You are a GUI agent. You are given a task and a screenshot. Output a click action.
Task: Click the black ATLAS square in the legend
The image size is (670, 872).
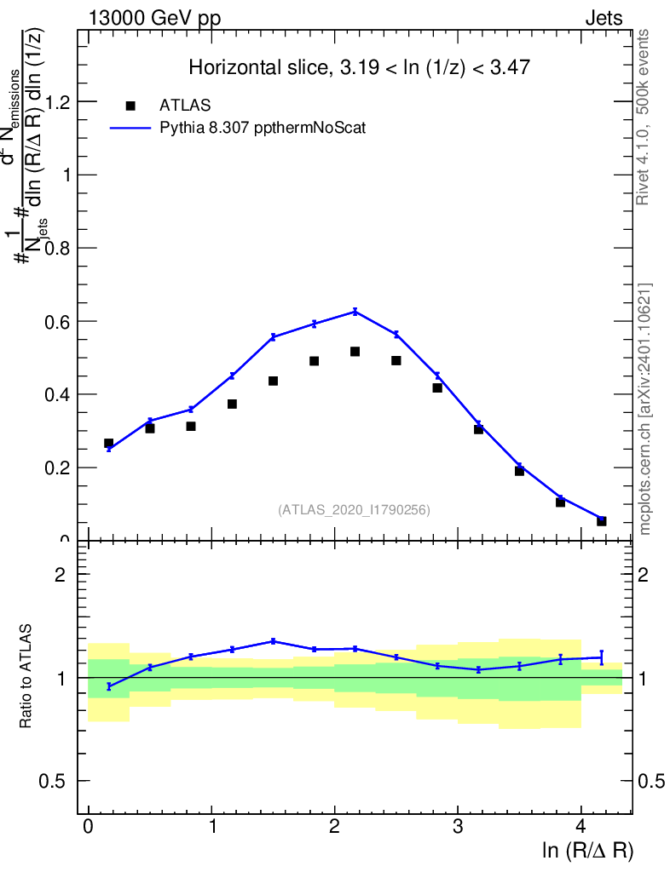click(x=130, y=106)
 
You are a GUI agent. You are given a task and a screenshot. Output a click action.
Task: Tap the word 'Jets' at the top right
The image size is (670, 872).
click(x=603, y=19)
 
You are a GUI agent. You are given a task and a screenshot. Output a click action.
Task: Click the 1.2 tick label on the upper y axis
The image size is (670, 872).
click(x=57, y=102)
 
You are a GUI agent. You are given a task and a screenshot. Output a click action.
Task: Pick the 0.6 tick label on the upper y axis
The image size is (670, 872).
click(x=57, y=322)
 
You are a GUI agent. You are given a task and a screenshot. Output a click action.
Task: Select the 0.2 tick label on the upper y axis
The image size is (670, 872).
click(x=57, y=468)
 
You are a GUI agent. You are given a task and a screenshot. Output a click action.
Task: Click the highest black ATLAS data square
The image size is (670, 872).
click(x=355, y=352)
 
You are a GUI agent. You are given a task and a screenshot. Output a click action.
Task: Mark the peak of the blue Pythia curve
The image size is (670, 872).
click(x=355, y=312)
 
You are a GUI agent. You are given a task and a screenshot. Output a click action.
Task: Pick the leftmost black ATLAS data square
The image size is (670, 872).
click(x=109, y=444)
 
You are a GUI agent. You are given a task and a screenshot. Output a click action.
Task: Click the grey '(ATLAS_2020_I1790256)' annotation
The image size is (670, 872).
click(x=354, y=510)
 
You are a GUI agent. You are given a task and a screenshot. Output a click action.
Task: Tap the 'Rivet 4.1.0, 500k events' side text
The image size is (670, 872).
click(x=644, y=118)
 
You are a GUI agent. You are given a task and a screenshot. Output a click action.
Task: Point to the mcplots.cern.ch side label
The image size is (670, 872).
click(x=645, y=409)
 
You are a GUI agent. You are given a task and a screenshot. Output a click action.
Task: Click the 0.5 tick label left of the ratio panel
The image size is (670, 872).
click(x=57, y=782)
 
